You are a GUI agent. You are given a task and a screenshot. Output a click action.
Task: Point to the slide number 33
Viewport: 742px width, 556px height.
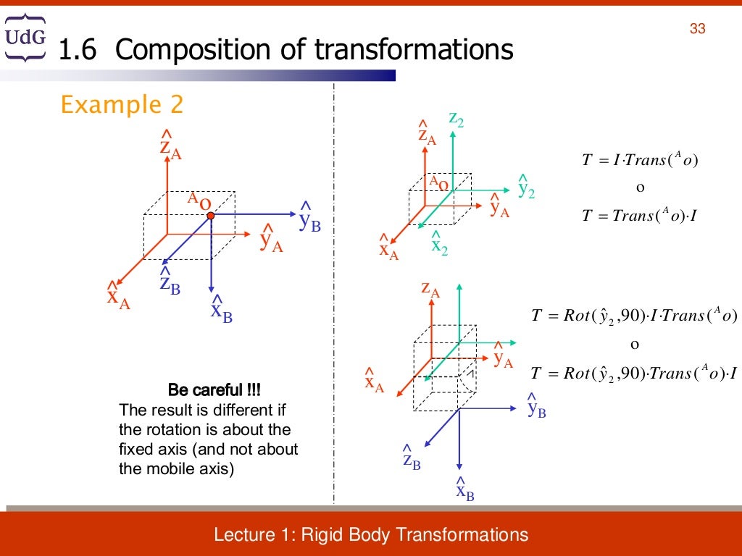pos(697,29)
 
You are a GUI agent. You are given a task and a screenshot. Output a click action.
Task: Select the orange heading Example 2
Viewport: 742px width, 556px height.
pos(122,105)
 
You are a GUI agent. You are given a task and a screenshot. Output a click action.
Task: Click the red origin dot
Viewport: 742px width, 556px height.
pos(210,215)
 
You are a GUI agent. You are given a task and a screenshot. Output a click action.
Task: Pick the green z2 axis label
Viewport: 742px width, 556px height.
pos(456,119)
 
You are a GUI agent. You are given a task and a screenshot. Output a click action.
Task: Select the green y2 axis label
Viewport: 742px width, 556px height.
pos(525,187)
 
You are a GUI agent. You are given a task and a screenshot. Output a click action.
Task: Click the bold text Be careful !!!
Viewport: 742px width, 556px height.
pos(214,390)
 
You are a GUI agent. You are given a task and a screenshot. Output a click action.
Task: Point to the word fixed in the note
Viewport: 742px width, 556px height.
pos(136,449)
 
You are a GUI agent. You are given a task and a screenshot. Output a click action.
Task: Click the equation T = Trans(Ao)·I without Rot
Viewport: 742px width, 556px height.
pos(639,215)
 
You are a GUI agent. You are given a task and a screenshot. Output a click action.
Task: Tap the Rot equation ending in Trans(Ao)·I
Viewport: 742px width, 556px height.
pos(633,374)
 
